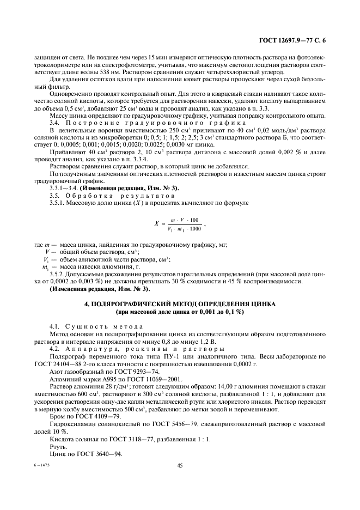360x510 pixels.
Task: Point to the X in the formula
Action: click(x=157, y=224)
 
